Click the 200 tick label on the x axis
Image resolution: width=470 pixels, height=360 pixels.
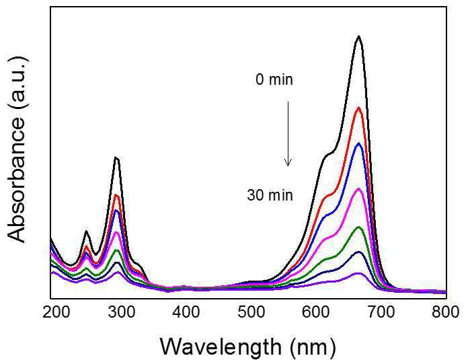coord(56,312)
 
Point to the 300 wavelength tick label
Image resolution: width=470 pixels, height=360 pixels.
coord(122,312)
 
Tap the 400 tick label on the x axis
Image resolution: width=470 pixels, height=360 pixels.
coord(186,312)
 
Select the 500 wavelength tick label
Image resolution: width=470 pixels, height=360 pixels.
coord(251,312)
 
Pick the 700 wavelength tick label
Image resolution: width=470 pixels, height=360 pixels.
coord(381,312)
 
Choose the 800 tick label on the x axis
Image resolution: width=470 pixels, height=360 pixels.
coord(446,312)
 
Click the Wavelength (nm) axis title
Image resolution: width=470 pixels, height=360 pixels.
coord(249,347)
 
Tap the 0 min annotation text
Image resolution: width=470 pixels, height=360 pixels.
coord(274,80)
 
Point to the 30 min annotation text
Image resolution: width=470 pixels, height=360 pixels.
coord(270,196)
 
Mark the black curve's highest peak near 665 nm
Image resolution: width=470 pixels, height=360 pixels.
coord(358,36)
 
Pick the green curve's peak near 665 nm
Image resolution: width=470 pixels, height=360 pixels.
coord(358,227)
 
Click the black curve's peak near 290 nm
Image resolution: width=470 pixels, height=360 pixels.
coord(116,157)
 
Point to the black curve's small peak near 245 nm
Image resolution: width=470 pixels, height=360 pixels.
coord(86,231)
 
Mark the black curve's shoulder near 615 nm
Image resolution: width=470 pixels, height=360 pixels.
coord(327,155)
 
